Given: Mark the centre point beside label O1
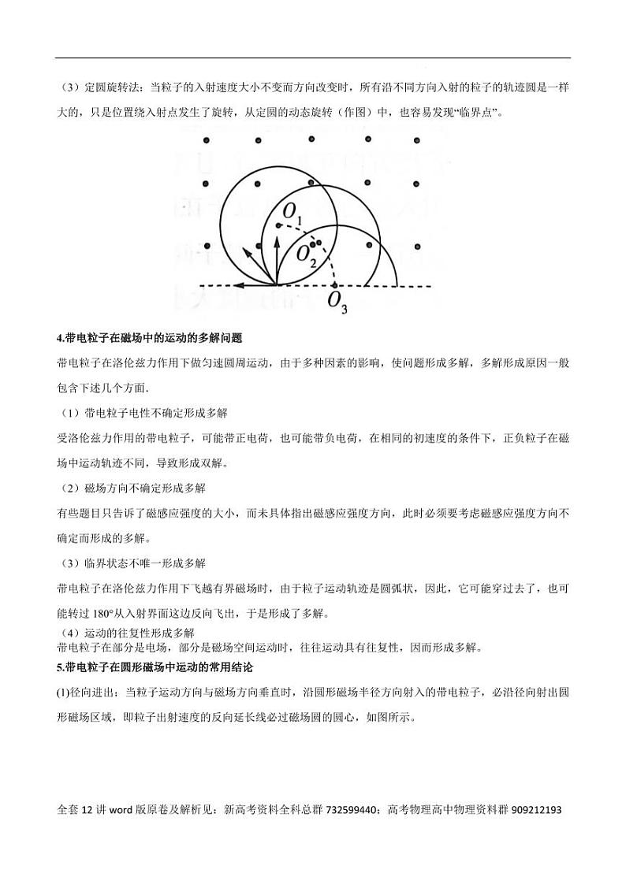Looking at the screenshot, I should click(x=278, y=226).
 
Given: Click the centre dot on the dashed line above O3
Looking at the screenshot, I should click(x=334, y=284).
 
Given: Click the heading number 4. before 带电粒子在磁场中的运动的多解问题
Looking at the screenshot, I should click(x=61, y=337).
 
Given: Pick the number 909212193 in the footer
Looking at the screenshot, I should click(x=536, y=809).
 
